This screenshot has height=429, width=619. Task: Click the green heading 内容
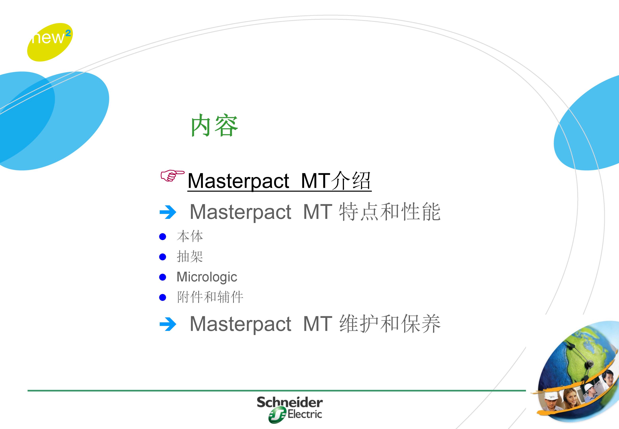214,125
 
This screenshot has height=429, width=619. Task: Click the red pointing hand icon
172,176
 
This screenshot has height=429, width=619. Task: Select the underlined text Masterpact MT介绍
279,181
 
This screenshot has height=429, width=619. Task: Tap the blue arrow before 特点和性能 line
167,212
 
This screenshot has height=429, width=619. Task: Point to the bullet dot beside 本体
162,237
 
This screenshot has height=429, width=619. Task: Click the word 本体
190,237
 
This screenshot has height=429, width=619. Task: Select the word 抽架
190,257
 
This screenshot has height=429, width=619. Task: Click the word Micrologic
207,277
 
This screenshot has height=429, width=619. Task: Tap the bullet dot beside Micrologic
162,277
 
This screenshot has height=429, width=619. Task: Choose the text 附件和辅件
210,297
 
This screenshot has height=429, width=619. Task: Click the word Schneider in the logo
290,402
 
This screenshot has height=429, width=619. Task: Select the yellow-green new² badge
50,42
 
